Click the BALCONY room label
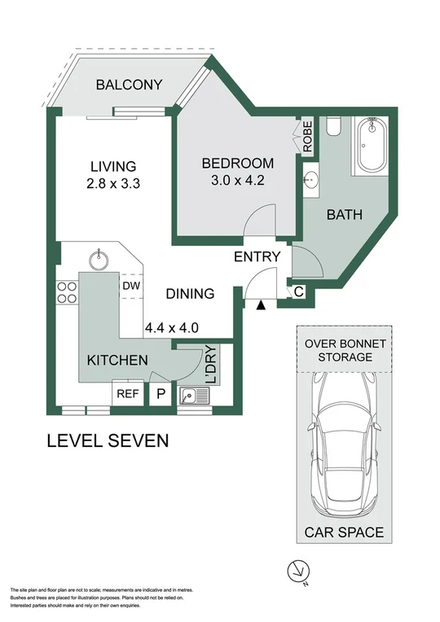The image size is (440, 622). pos(129,85)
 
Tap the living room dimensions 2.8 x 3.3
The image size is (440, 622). pos(113,184)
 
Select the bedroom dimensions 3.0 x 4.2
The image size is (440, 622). pos(233,182)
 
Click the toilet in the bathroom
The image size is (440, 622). pos(332,126)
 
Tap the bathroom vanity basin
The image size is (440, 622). pos(310,181)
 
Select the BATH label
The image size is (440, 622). pos(345,215)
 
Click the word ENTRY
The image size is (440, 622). pos(257,257)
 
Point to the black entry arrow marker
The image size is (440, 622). pos(261,305)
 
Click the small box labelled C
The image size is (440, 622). pos(298,291)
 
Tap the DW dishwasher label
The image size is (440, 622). pos(130,286)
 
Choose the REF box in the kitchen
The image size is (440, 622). pos(127,394)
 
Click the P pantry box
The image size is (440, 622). pos(161,394)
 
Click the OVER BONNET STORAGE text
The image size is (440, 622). pos(340,350)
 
